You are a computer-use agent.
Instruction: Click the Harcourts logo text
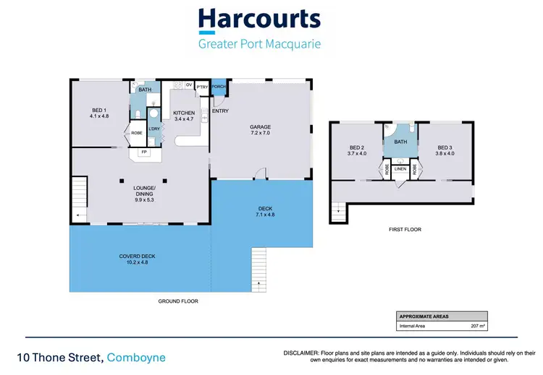click(259, 20)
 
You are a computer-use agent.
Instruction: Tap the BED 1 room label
click(98, 113)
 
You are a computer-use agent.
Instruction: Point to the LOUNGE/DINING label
click(145, 193)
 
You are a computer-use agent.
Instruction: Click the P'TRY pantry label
click(201, 87)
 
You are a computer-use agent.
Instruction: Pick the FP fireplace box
click(144, 152)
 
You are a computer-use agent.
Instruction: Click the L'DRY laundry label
click(154, 129)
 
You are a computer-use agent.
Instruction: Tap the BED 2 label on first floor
click(357, 150)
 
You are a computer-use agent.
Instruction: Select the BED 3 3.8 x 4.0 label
click(445, 150)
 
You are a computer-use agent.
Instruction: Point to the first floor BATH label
click(400, 142)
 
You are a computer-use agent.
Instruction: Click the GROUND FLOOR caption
click(178, 301)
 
